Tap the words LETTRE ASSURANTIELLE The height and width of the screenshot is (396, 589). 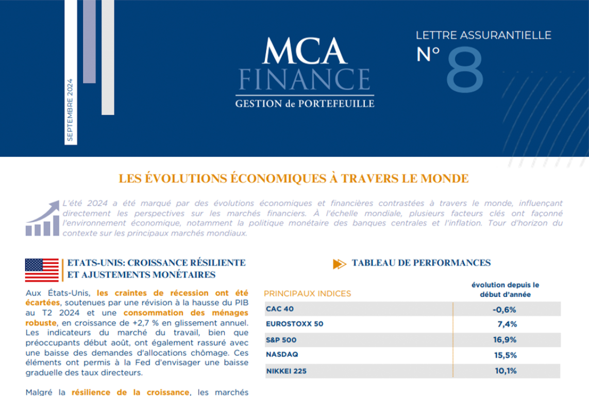[x=483, y=35]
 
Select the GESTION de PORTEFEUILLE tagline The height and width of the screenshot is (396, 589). [x=305, y=104]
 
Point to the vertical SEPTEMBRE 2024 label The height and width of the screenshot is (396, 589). [x=70, y=110]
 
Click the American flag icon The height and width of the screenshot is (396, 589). [x=42, y=269]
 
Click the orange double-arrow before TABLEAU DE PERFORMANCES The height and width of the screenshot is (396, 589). [x=339, y=264]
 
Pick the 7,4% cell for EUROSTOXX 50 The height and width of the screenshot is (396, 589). [x=507, y=324]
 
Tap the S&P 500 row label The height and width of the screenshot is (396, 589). [x=281, y=340]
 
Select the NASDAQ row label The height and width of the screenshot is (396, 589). [x=282, y=355]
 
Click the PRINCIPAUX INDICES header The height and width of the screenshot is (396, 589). [x=307, y=293]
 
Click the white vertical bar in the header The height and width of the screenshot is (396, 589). [x=108, y=57]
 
